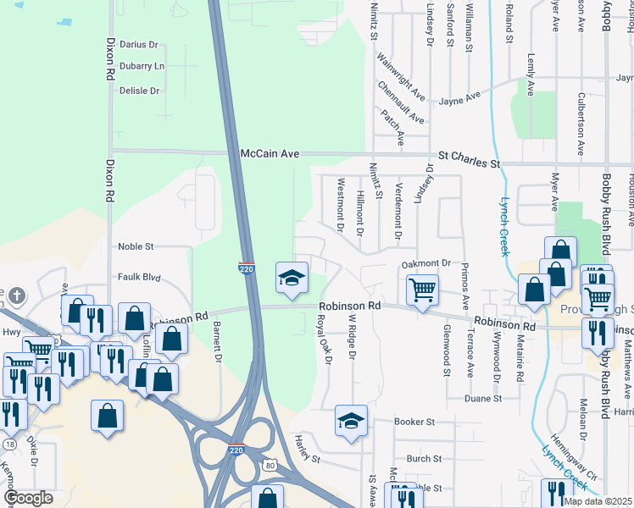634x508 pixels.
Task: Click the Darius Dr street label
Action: pos(139,44)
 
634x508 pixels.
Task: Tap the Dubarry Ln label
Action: pos(142,66)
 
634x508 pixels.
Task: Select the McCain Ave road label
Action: pos(270,154)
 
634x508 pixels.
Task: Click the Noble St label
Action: pos(136,246)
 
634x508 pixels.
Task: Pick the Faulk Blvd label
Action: pos(139,276)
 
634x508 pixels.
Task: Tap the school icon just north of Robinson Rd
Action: pos(291,278)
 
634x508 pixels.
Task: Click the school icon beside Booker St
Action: pos(351,420)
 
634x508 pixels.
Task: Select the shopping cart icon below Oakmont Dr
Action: pos(422,290)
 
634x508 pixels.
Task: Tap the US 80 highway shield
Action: pos(270,465)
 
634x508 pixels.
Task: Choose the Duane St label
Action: pos(483,397)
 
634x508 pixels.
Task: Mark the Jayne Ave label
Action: pos(459,100)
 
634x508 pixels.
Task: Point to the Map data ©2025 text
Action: pos(597,501)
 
